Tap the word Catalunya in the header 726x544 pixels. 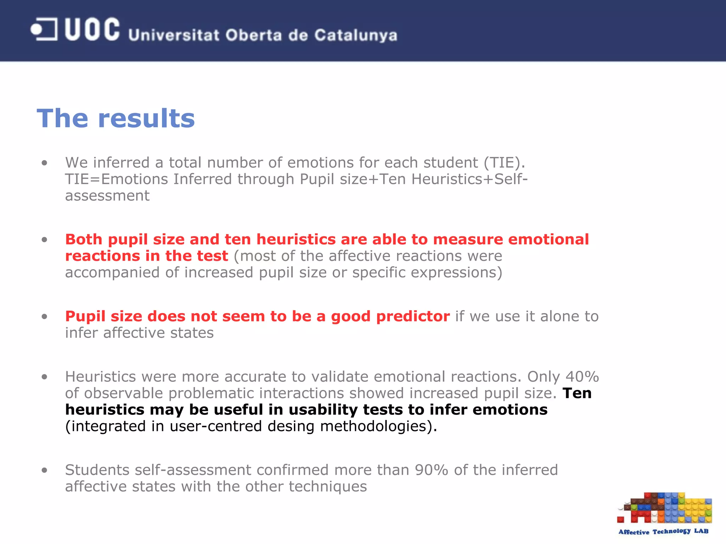[356, 35]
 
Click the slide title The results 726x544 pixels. [116, 118]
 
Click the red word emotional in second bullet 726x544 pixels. [548, 239]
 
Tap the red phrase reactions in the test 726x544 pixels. [146, 256]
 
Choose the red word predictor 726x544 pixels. [413, 316]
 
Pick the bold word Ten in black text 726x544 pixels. [577, 393]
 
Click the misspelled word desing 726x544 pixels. [291, 426]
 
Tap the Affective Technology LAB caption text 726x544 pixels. [663, 531]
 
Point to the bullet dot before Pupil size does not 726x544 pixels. [44, 316]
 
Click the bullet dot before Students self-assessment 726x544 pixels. [44, 470]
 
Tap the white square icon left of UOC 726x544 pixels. [44, 29]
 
